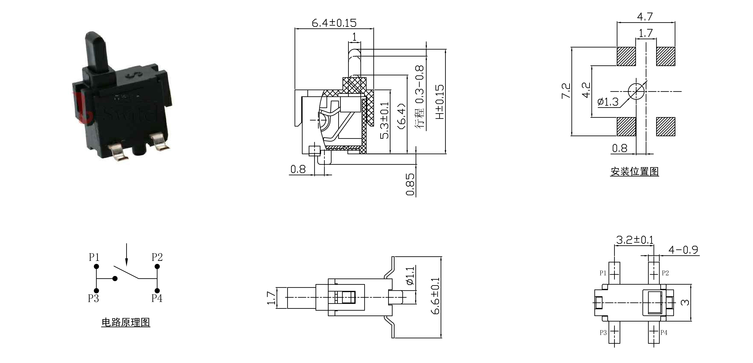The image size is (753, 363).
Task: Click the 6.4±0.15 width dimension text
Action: pyautogui.click(x=334, y=23)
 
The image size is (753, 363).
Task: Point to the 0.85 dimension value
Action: pyautogui.click(x=410, y=184)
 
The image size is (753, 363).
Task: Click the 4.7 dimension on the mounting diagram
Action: pyautogui.click(x=645, y=17)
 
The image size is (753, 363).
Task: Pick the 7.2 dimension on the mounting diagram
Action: pyautogui.click(x=566, y=91)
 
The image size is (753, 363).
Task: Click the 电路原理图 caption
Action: pyautogui.click(x=126, y=322)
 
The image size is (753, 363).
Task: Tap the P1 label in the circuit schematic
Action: pyautogui.click(x=94, y=257)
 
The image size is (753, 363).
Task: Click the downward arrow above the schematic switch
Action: pyautogui.click(x=126, y=254)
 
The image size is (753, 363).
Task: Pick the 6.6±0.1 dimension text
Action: pyautogui.click(x=435, y=296)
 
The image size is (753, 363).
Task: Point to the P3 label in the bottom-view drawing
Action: pyautogui.click(x=603, y=333)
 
